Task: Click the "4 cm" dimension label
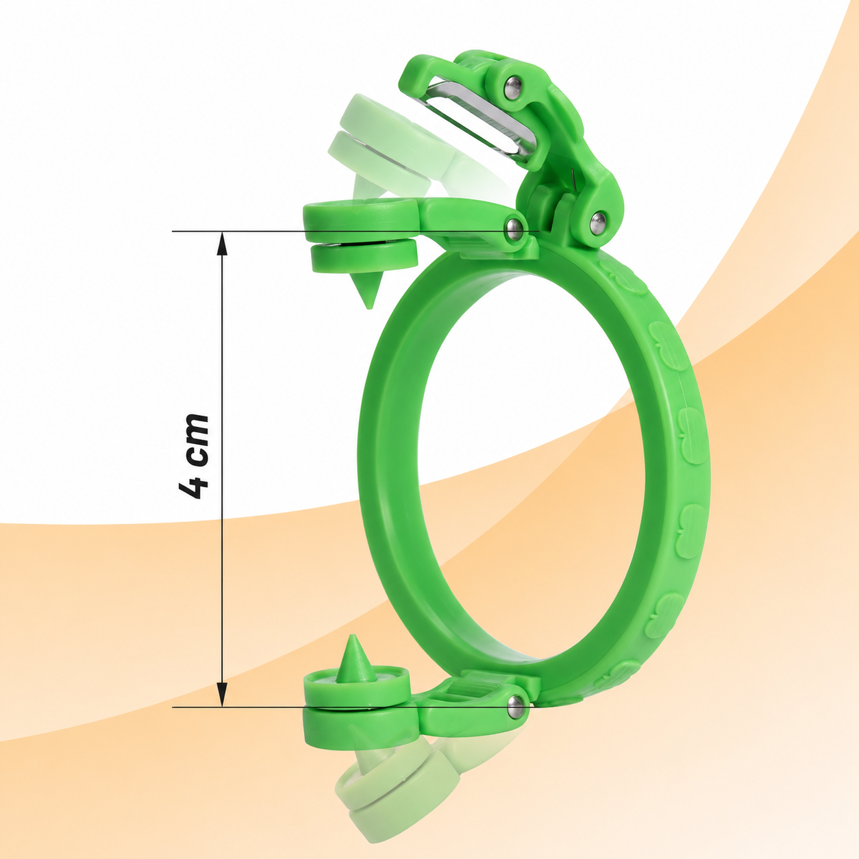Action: [x=194, y=458]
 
